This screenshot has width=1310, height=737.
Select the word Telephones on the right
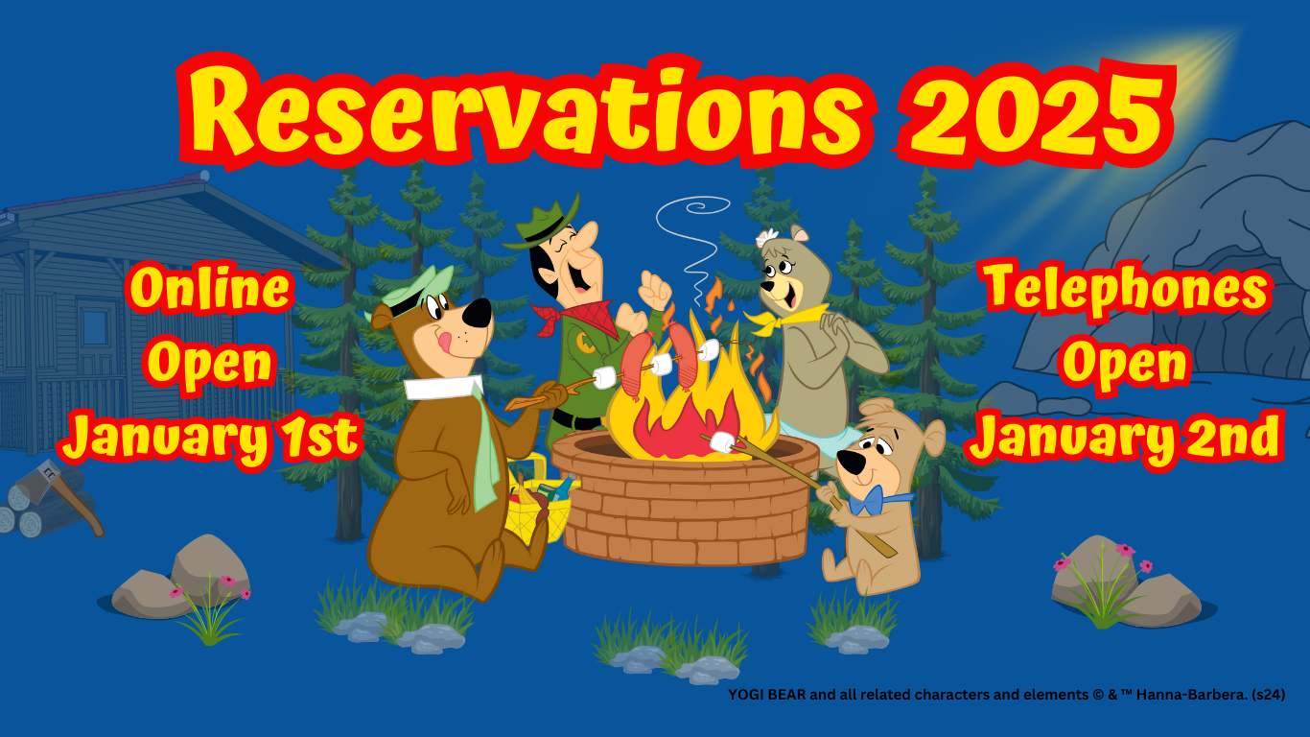pos(1128,291)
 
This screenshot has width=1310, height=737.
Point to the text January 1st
pos(211,438)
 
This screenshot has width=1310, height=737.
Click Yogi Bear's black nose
pos(477,313)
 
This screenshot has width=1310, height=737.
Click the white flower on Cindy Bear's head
pos(766,238)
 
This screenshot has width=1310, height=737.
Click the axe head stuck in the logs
pos(39,481)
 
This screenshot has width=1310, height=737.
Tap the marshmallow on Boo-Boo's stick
pos(722,442)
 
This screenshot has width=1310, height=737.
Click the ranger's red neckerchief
pos(576,319)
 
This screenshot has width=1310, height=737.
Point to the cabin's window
pos(94,328)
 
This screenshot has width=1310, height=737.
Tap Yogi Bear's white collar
pos(443,387)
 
